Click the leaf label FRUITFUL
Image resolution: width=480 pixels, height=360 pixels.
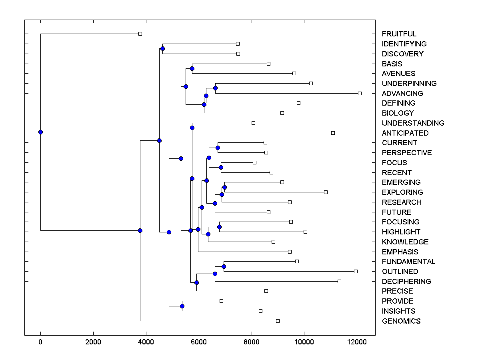tap(399, 34)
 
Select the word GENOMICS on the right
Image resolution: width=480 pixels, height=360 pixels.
tap(401, 321)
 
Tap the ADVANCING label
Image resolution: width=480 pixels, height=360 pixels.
tap(402, 94)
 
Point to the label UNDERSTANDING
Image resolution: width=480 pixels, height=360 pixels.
tap(413, 123)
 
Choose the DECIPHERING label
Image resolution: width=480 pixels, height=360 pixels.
tap(406, 282)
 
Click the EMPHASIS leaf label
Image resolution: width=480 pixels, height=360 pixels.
tap(400, 252)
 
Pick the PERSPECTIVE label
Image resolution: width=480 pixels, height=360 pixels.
tap(407, 153)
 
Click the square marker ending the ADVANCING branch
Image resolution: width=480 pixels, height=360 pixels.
tap(360, 93)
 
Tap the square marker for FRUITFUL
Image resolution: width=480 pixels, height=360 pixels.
tap(140, 34)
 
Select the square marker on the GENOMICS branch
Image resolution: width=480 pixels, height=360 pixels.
tap(278, 321)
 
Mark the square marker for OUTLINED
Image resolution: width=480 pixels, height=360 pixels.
tap(356, 271)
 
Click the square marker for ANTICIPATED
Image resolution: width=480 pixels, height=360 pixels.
tap(333, 133)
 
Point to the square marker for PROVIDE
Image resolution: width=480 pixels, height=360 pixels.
tap(221, 301)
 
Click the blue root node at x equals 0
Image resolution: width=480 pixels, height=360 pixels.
tap(40, 132)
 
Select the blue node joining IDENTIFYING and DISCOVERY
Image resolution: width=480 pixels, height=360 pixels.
tap(162, 49)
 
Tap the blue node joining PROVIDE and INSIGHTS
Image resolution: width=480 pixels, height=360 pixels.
tap(182, 306)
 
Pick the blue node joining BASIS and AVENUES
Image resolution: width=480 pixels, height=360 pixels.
tap(192, 68)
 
